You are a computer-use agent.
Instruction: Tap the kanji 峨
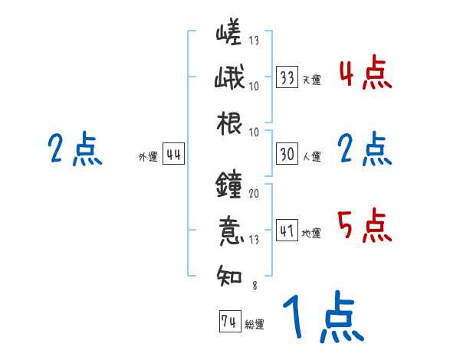pyautogui.click(x=230, y=78)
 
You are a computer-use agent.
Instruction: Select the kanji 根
pyautogui.click(x=230, y=123)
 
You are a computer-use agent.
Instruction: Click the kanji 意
pyautogui.click(x=230, y=230)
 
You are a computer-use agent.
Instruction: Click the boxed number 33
pyautogui.click(x=287, y=77)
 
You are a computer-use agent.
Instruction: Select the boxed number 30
pyautogui.click(x=287, y=154)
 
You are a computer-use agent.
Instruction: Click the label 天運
pyautogui.click(x=311, y=80)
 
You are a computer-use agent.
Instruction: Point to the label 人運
pyautogui.click(x=311, y=156)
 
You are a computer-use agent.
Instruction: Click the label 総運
pyautogui.click(x=254, y=324)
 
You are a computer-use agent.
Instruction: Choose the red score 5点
pyautogui.click(x=365, y=225)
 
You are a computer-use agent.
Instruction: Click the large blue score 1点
pyautogui.click(x=322, y=318)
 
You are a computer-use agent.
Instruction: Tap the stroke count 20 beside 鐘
pyautogui.click(x=254, y=194)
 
